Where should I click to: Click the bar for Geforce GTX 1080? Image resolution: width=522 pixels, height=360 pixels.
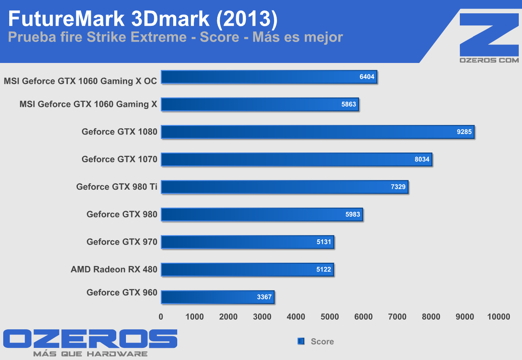point(317,132)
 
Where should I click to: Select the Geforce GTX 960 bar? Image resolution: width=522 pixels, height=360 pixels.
point(218,297)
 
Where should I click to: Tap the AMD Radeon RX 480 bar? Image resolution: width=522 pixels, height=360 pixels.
point(247,270)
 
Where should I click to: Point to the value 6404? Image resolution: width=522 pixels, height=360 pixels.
point(367,77)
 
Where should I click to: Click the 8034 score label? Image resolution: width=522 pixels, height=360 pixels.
point(422,159)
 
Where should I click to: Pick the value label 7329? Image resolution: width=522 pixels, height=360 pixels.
point(398,187)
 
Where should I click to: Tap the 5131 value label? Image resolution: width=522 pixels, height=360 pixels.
point(324,242)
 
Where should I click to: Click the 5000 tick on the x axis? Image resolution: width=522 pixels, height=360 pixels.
point(329,317)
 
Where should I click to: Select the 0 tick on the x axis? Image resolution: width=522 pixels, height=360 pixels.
point(161,317)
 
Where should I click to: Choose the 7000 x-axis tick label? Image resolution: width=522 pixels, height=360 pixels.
point(397,317)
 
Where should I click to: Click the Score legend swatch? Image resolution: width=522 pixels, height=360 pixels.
point(301,341)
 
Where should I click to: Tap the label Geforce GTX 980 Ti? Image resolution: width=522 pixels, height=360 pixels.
point(117,187)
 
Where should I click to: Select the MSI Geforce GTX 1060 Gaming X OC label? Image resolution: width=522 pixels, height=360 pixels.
point(80,81)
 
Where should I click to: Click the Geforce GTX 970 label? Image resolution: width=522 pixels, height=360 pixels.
point(122,242)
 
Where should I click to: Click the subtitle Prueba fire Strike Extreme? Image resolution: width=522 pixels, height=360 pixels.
point(97,38)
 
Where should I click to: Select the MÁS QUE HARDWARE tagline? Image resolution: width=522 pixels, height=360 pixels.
point(90,354)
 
